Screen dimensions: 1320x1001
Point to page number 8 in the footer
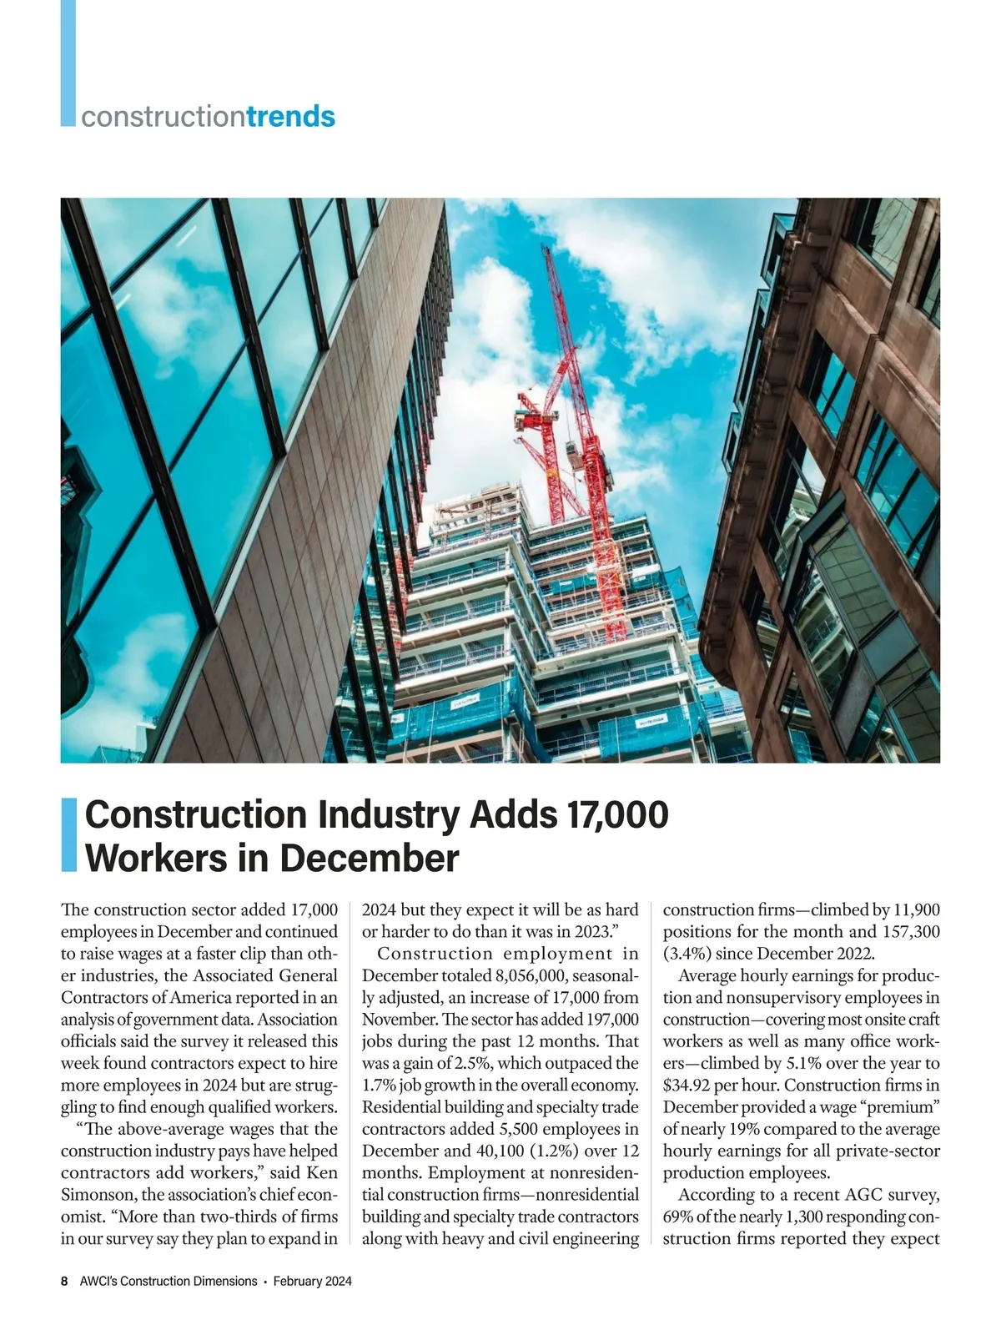[64, 1281]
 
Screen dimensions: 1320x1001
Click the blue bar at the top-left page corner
[68, 63]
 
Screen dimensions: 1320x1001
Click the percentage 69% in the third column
[679, 1216]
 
